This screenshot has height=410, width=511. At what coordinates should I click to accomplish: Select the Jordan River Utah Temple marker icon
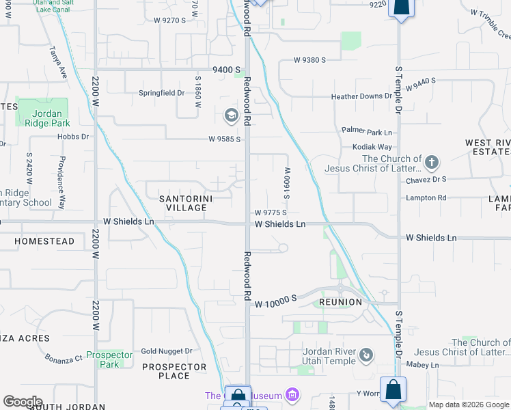click(367, 355)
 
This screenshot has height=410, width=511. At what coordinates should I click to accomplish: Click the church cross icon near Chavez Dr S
click(431, 163)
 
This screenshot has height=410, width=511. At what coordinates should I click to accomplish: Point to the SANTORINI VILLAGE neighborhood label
click(187, 204)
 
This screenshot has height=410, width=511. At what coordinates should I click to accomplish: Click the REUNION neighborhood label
click(340, 302)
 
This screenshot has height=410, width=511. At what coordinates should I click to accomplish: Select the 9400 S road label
click(227, 70)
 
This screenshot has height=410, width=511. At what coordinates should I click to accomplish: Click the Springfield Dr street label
click(162, 93)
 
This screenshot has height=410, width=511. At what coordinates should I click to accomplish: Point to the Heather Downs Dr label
click(361, 96)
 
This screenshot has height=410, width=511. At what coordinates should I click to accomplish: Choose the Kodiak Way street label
click(372, 147)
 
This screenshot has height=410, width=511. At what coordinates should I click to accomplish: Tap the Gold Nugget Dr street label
click(167, 351)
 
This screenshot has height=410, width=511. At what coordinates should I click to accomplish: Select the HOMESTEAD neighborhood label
click(44, 242)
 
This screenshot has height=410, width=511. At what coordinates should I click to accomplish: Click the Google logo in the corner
click(22, 402)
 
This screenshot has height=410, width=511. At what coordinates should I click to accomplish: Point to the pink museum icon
click(292, 395)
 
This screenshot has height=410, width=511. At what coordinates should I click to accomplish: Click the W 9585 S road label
click(225, 139)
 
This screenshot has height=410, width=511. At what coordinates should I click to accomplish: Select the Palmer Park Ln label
click(367, 131)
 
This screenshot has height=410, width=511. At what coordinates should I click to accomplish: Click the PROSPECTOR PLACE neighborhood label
click(174, 371)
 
